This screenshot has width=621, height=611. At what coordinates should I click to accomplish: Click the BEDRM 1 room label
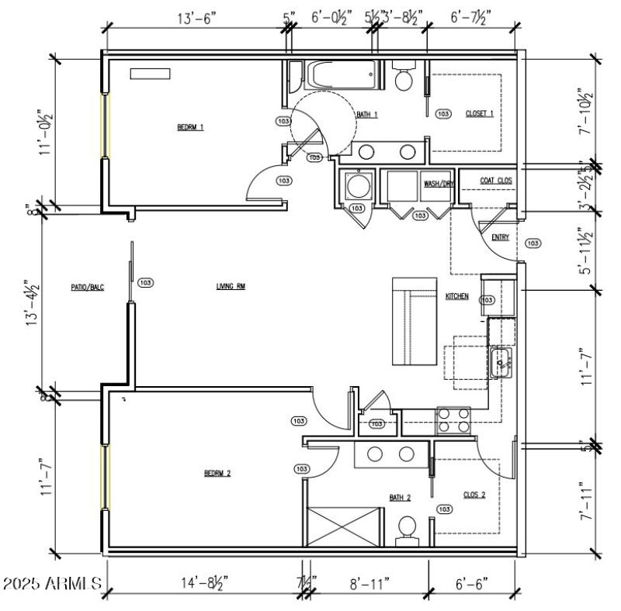[x=190, y=128]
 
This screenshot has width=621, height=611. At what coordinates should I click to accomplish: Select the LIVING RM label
[x=231, y=287]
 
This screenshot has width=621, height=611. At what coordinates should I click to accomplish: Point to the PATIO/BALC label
[x=88, y=287]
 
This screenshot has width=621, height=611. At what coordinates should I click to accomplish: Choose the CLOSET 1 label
[x=479, y=114]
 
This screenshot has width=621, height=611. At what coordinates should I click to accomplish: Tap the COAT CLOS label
[x=496, y=181]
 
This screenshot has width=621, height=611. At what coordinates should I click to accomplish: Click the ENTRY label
[x=501, y=237]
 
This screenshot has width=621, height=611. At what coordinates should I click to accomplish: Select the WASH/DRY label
[x=438, y=185]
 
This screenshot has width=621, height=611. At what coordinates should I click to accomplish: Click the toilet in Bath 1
[x=403, y=78]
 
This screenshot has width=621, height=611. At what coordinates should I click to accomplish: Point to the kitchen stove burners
[x=454, y=419]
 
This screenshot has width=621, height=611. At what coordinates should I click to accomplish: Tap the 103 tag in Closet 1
[x=443, y=114]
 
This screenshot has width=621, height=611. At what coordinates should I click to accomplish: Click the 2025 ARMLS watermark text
[x=52, y=582]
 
